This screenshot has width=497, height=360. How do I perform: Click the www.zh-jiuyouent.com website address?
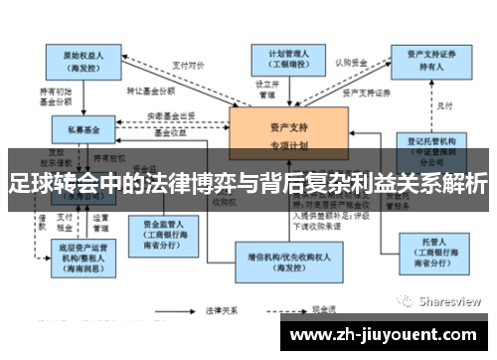(x=382, y=334)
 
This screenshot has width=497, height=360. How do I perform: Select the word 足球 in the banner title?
(x=30, y=183)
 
